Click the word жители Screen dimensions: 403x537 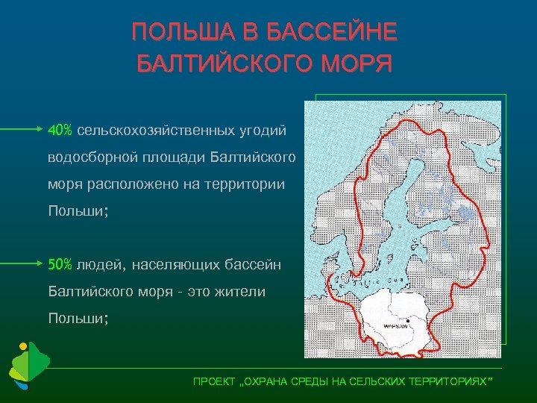(239, 291)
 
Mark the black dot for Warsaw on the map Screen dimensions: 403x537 (408, 321)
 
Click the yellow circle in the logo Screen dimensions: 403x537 (23, 346)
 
